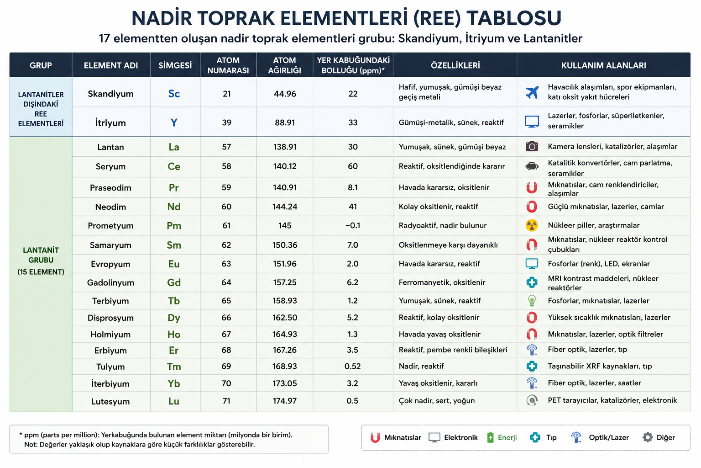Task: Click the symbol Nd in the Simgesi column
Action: pyautogui.click(x=174, y=207)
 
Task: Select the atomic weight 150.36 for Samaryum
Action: pyautogui.click(x=284, y=245)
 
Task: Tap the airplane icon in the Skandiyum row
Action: pyautogui.click(x=532, y=92)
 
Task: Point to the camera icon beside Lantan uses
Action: pyautogui.click(x=532, y=146)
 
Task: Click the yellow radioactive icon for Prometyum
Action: pyautogui.click(x=532, y=225)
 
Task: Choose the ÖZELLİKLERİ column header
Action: pyautogui.click(x=455, y=65)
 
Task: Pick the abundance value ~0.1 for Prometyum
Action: pyautogui.click(x=353, y=225)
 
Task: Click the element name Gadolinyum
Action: pyautogui.click(x=110, y=283)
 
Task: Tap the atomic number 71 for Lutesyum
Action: pyautogui.click(x=226, y=401)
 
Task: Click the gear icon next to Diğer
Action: pyautogui.click(x=648, y=437)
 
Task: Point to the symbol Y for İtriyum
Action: pyautogui.click(x=174, y=122)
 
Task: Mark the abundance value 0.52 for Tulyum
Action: pyautogui.click(x=352, y=366)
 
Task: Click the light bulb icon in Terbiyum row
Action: pyautogui.click(x=532, y=301)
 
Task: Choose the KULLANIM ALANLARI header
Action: pyautogui.click(x=603, y=65)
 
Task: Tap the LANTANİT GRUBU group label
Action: pyautogui.click(x=41, y=255)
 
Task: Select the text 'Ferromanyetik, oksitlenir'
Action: pyautogui.click(x=442, y=282)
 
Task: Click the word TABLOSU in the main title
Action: pyautogui.click(x=514, y=18)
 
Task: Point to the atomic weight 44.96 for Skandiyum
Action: pyautogui.click(x=285, y=94)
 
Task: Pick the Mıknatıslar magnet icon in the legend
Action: pyautogui.click(x=375, y=437)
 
